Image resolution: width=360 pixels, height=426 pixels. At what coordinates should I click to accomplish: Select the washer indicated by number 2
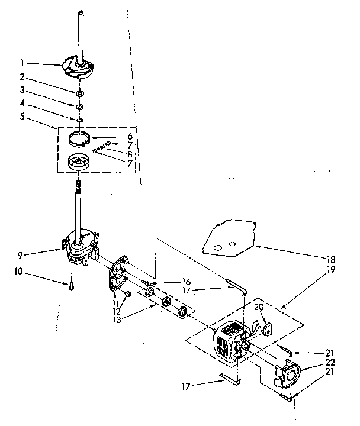tap(79, 92)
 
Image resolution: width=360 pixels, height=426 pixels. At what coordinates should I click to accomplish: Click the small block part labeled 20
tap(265, 327)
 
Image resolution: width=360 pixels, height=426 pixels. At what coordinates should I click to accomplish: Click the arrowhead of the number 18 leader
tap(254, 243)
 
